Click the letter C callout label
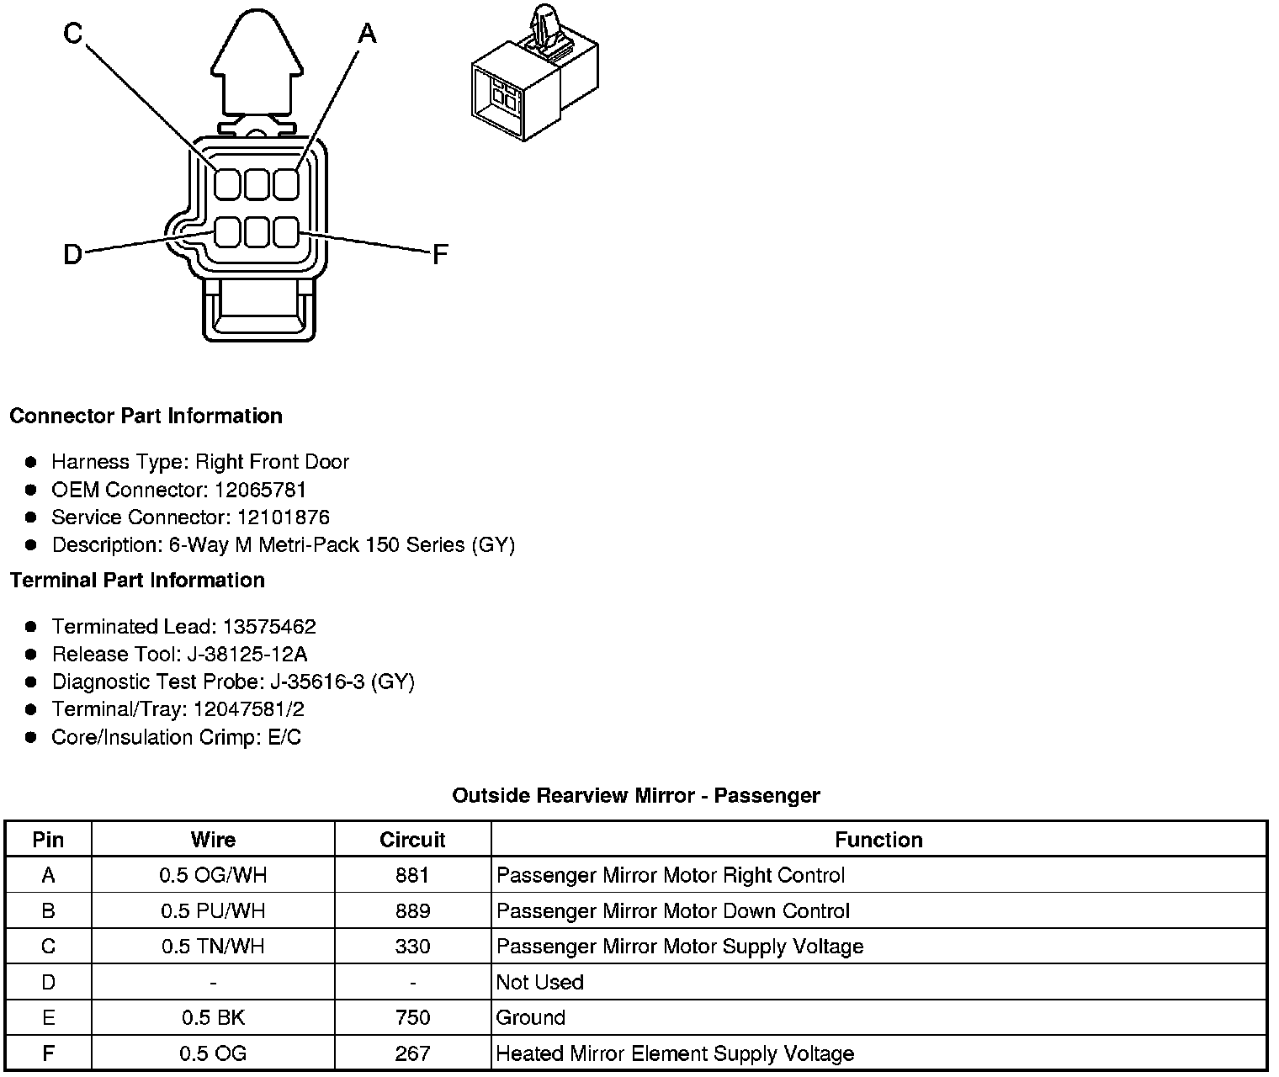click(x=73, y=33)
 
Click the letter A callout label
click(x=367, y=34)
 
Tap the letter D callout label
click(x=73, y=253)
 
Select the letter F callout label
click(x=439, y=254)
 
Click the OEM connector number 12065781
click(x=260, y=490)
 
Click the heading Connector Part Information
click(x=146, y=416)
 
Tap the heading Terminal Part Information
click(x=137, y=580)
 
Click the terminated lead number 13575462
click(x=269, y=627)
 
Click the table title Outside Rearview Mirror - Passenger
click(x=636, y=795)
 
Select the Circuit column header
click(x=412, y=840)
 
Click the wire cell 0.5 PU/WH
click(x=213, y=911)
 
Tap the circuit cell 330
click(x=412, y=947)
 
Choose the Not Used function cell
click(x=539, y=982)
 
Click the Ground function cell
click(x=530, y=1017)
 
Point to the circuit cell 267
click(x=412, y=1053)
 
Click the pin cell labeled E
click(x=48, y=1017)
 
